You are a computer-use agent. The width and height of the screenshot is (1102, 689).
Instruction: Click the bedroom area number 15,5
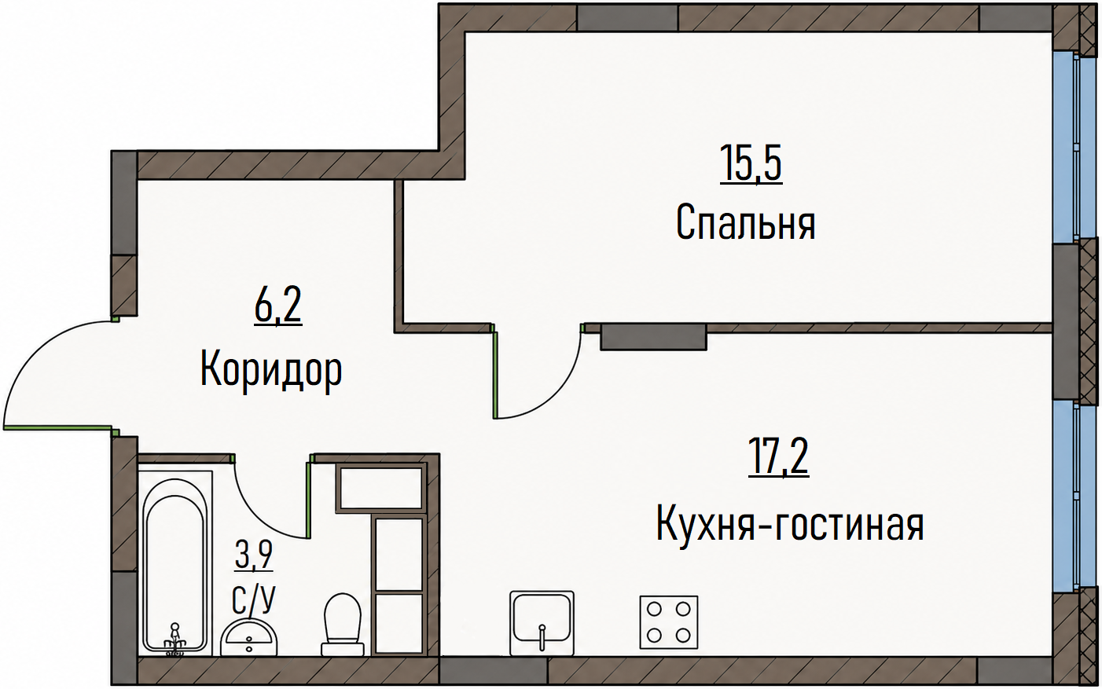(x=751, y=163)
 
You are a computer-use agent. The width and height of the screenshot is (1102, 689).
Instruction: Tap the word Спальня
(x=746, y=223)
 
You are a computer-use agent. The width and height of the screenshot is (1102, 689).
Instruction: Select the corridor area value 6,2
(x=278, y=306)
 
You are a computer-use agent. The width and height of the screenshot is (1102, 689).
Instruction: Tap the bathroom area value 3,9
(x=254, y=554)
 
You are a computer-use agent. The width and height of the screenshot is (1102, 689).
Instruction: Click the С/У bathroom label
(x=254, y=599)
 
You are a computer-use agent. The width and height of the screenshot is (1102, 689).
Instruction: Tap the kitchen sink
(x=542, y=623)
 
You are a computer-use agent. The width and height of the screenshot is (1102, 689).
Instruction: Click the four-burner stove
(x=669, y=622)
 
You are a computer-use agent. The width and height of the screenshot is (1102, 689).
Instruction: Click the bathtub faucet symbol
(x=174, y=640)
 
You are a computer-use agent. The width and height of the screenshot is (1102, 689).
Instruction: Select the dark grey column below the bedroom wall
(x=653, y=337)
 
